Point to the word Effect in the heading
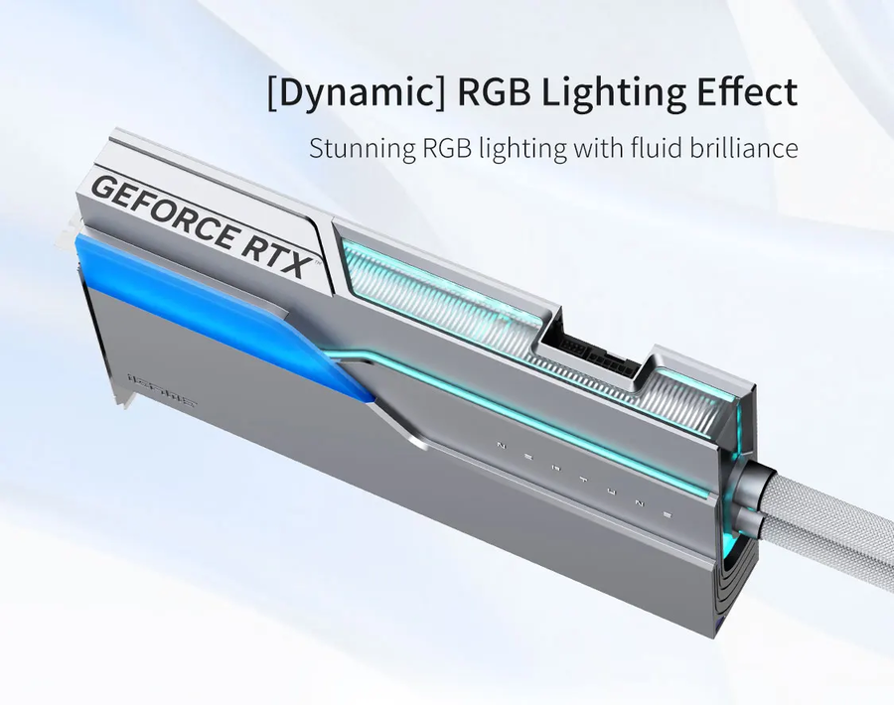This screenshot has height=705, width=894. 744,91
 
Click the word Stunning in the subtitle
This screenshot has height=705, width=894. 361,150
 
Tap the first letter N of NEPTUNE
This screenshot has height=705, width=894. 498,446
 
